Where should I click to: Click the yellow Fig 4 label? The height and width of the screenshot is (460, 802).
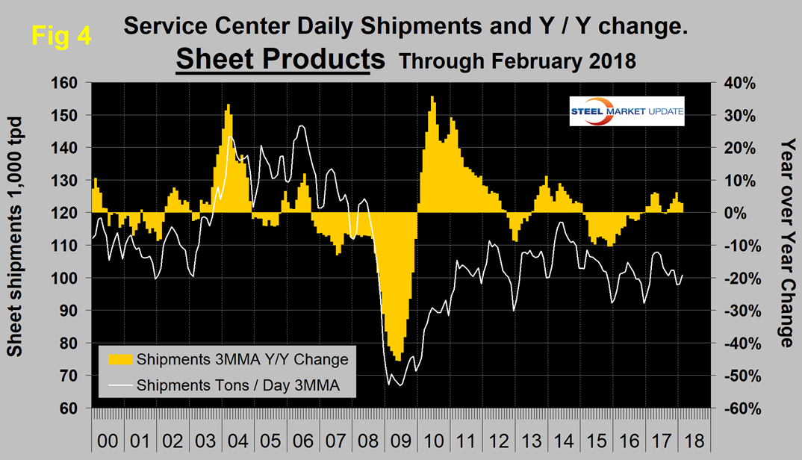62,35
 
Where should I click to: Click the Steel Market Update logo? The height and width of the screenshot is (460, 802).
627,111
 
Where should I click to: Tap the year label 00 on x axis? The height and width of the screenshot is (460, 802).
108,440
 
